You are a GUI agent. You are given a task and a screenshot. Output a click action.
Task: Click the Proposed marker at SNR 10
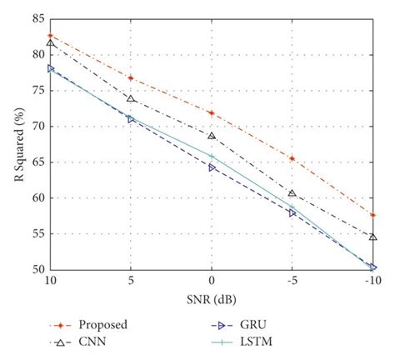click(51, 36)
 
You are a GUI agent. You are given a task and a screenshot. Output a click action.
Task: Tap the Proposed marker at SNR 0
click(212, 112)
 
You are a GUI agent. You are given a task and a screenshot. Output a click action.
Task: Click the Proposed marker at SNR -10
click(372, 215)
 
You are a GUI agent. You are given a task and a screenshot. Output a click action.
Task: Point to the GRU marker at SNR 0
click(212, 167)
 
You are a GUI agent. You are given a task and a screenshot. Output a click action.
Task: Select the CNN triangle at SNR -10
click(372, 237)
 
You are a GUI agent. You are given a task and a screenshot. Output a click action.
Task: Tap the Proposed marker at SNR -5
click(292, 158)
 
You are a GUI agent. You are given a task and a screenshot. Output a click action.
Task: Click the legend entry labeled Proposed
click(104, 324)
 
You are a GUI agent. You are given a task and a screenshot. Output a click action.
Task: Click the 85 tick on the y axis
click(37, 17)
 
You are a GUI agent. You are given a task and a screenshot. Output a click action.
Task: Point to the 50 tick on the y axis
click(37, 269)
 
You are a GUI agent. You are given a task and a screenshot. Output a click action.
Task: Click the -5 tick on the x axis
click(292, 282)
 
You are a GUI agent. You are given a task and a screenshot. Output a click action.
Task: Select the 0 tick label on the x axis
click(212, 282)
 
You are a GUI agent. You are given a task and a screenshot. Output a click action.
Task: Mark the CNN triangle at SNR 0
click(212, 136)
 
